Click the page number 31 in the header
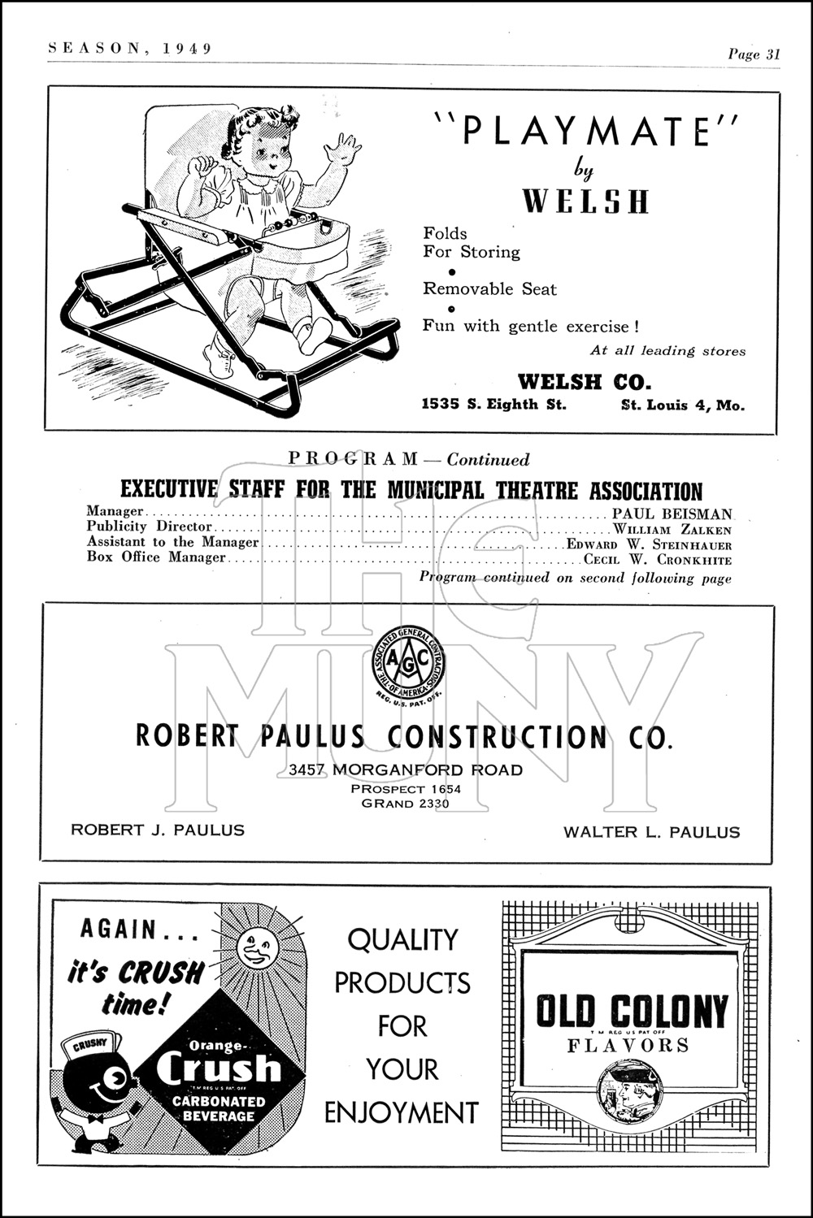772,54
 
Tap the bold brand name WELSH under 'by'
585,201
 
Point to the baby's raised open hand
341,150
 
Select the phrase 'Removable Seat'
489,288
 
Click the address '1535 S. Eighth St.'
493,405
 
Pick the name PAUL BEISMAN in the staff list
672,514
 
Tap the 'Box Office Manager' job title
156,557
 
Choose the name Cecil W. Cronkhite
658,560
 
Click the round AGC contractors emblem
408,661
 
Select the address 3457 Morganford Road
406,769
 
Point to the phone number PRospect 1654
406,789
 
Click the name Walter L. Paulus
652,831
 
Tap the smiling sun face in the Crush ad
258,947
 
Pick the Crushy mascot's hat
91,1047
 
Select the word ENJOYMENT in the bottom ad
402,1112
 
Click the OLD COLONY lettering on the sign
631,1011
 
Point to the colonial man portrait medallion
629,1091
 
